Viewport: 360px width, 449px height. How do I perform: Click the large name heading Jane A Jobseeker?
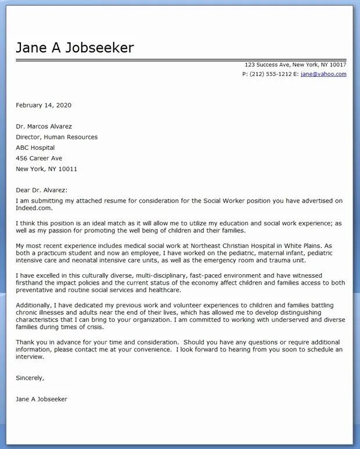click(x=74, y=48)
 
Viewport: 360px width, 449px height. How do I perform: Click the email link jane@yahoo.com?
click(x=323, y=74)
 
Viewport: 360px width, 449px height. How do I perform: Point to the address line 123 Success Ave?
click(x=269, y=64)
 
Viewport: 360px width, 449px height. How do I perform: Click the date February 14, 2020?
click(x=44, y=105)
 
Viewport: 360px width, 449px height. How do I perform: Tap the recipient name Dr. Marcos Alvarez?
click(x=44, y=127)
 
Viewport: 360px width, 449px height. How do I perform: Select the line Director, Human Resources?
click(x=56, y=137)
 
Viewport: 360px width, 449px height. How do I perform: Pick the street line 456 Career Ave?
click(x=39, y=158)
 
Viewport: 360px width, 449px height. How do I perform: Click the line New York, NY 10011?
click(x=46, y=169)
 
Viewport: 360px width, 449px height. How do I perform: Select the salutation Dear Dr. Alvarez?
click(x=42, y=190)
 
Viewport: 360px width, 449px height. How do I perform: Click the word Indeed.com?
click(x=34, y=209)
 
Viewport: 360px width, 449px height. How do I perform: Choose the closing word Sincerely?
click(x=30, y=378)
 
